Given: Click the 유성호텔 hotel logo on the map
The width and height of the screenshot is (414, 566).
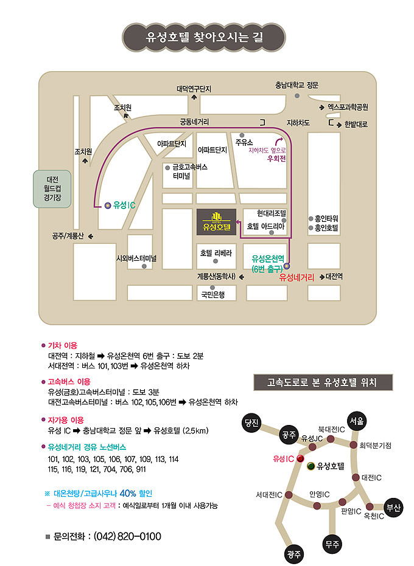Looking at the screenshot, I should pos(217,222).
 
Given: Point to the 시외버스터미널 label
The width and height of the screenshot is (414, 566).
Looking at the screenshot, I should pos(137,258).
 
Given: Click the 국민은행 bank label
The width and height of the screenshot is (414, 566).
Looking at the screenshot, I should pos(213,295).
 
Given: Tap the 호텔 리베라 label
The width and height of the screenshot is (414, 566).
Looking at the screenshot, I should pos(216,252).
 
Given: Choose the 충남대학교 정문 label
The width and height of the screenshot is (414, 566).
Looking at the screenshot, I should pos(296,85).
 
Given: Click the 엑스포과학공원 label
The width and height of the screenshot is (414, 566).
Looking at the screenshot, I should pos(348,107).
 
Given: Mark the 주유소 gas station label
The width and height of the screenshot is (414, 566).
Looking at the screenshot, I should pos(244,142).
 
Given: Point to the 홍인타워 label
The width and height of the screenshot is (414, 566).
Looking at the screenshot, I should pos(326,218).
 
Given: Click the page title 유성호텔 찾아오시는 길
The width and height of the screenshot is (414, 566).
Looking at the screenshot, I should pos(206,37).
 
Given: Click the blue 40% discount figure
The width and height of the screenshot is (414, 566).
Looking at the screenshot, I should pos(128,493).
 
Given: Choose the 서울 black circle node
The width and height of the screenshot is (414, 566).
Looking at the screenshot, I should pos(357,421).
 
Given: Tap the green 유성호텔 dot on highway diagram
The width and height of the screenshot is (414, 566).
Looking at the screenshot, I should pos(310,466).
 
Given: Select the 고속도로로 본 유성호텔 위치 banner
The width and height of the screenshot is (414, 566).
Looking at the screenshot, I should pos(322,382).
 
